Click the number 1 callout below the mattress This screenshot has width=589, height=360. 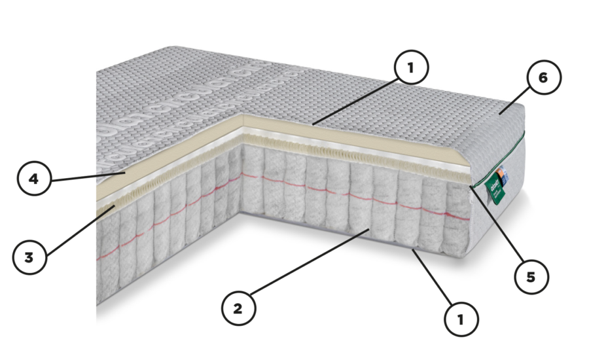point(461,319)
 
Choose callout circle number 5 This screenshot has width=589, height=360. point(531,277)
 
